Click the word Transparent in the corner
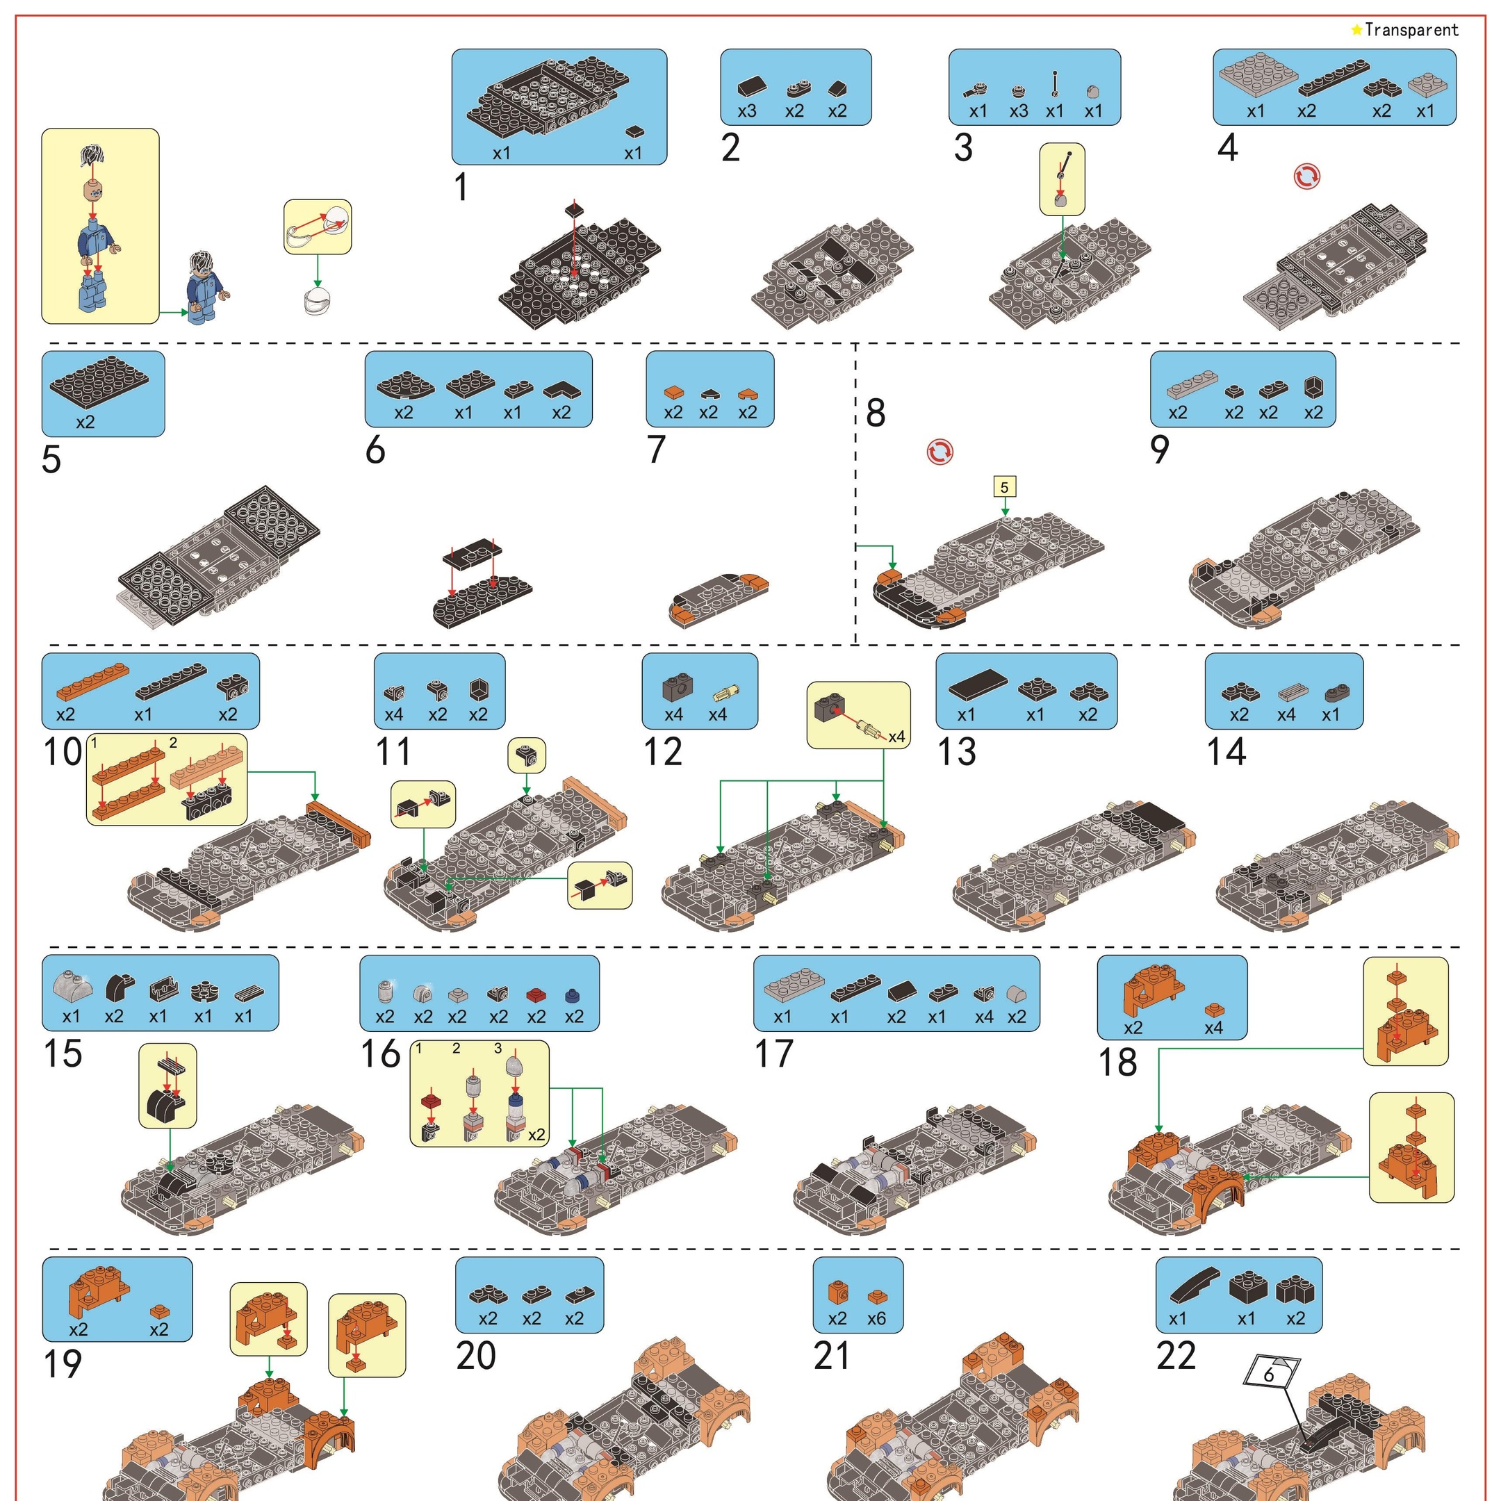1411,31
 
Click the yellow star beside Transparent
1356,29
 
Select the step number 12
663,752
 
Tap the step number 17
774,1054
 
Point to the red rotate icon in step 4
1306,177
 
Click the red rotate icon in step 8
940,452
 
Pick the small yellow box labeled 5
1005,487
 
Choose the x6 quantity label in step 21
876,1318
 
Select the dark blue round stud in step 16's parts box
573,995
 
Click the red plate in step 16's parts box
536,994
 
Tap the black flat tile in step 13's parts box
978,684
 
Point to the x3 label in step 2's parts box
746,111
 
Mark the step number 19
62,1364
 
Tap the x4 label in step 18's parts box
1213,1028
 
